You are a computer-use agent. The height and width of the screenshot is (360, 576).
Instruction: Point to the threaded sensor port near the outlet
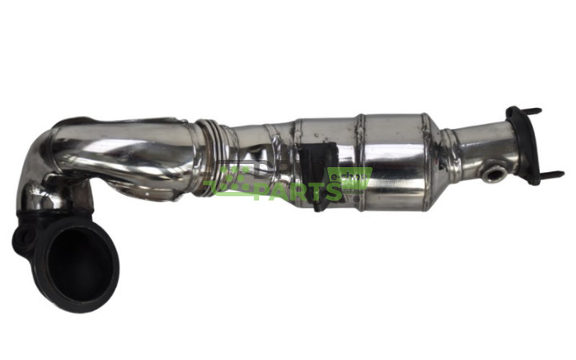click(493, 171)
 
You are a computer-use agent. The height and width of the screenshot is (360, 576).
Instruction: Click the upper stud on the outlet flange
click(534, 111)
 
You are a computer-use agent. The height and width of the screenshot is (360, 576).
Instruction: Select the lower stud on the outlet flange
click(553, 174)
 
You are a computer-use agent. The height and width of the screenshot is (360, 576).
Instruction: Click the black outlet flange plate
click(525, 144)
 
